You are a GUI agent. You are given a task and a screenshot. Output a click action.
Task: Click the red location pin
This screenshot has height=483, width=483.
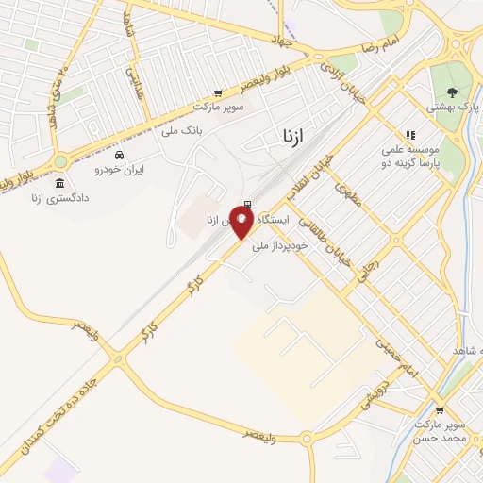pos(241,221)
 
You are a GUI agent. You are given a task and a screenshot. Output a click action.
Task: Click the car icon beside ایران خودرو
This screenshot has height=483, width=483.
pos(118,155)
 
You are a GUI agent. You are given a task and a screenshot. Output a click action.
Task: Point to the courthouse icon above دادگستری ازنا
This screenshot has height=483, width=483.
pos(60,183)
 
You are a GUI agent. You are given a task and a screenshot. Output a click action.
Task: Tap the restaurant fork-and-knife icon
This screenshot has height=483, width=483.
pos(409,136)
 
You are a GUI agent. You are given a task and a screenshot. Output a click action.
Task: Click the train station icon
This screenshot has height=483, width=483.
pos(247,205)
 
